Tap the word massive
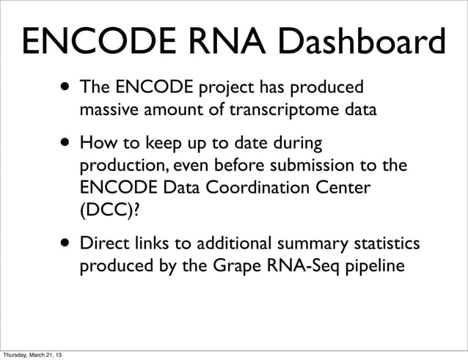[x=106, y=111]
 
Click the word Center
[x=339, y=188]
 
